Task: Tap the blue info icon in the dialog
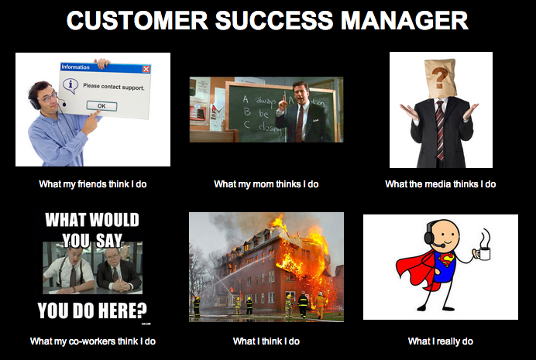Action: click(69, 85)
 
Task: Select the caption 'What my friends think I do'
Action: click(93, 184)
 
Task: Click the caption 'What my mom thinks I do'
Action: click(266, 184)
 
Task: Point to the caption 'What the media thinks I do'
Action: click(441, 184)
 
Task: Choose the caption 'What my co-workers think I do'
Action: click(93, 341)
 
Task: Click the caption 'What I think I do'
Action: click(266, 341)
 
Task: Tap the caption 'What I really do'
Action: click(441, 341)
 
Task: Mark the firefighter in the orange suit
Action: click(320, 304)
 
